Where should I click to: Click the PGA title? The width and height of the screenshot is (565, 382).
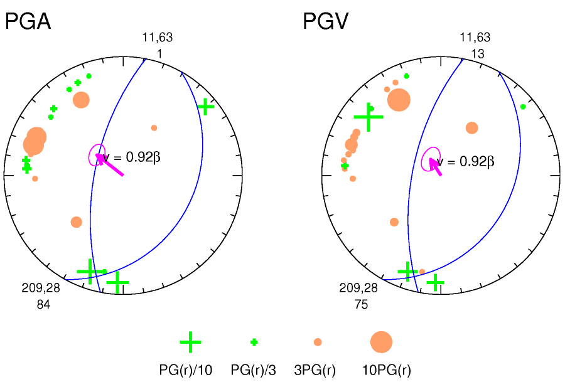tap(28, 22)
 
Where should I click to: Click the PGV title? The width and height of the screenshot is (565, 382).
tap(325, 22)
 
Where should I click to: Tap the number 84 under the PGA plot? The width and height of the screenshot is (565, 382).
tap(43, 304)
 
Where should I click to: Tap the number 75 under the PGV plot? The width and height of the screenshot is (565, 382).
tap(361, 304)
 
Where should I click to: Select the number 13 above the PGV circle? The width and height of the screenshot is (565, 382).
tap(477, 54)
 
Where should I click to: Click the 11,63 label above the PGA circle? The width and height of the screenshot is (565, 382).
tap(158, 38)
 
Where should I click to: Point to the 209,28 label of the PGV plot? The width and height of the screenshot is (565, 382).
tap(358, 289)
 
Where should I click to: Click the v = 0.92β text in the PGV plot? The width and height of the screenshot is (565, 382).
tap(466, 162)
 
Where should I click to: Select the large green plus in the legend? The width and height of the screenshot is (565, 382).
tap(190, 342)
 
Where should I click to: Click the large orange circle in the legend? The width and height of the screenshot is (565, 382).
tap(381, 342)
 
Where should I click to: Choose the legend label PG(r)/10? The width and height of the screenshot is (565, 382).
tap(186, 370)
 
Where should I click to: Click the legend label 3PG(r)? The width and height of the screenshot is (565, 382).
tap(315, 370)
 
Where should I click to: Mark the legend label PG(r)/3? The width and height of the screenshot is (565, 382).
tap(254, 370)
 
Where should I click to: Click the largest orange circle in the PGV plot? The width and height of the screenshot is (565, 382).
tap(399, 100)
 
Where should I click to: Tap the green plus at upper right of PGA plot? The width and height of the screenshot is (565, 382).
tap(205, 107)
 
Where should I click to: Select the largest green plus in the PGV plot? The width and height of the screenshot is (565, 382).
tap(369, 117)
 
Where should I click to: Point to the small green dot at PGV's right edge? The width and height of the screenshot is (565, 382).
tap(523, 107)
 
